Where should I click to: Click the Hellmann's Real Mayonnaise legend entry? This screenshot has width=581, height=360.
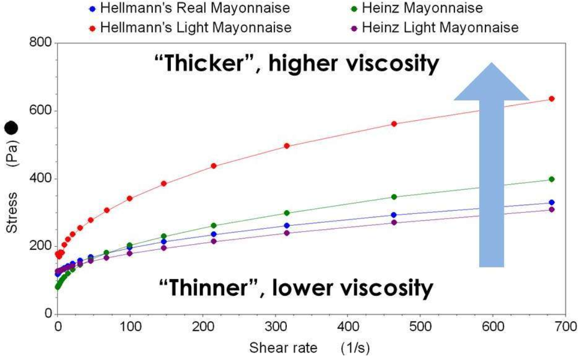point(190,9)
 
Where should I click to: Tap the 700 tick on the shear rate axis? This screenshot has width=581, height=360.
point(566,326)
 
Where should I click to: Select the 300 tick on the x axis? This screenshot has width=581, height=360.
point(275,326)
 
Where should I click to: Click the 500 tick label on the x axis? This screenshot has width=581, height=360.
point(420,326)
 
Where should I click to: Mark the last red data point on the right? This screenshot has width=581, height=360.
point(552,99)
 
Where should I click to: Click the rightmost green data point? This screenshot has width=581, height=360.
point(552,179)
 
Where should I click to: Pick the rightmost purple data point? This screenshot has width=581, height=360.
point(552,209)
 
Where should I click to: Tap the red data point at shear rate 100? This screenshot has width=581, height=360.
point(130,199)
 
